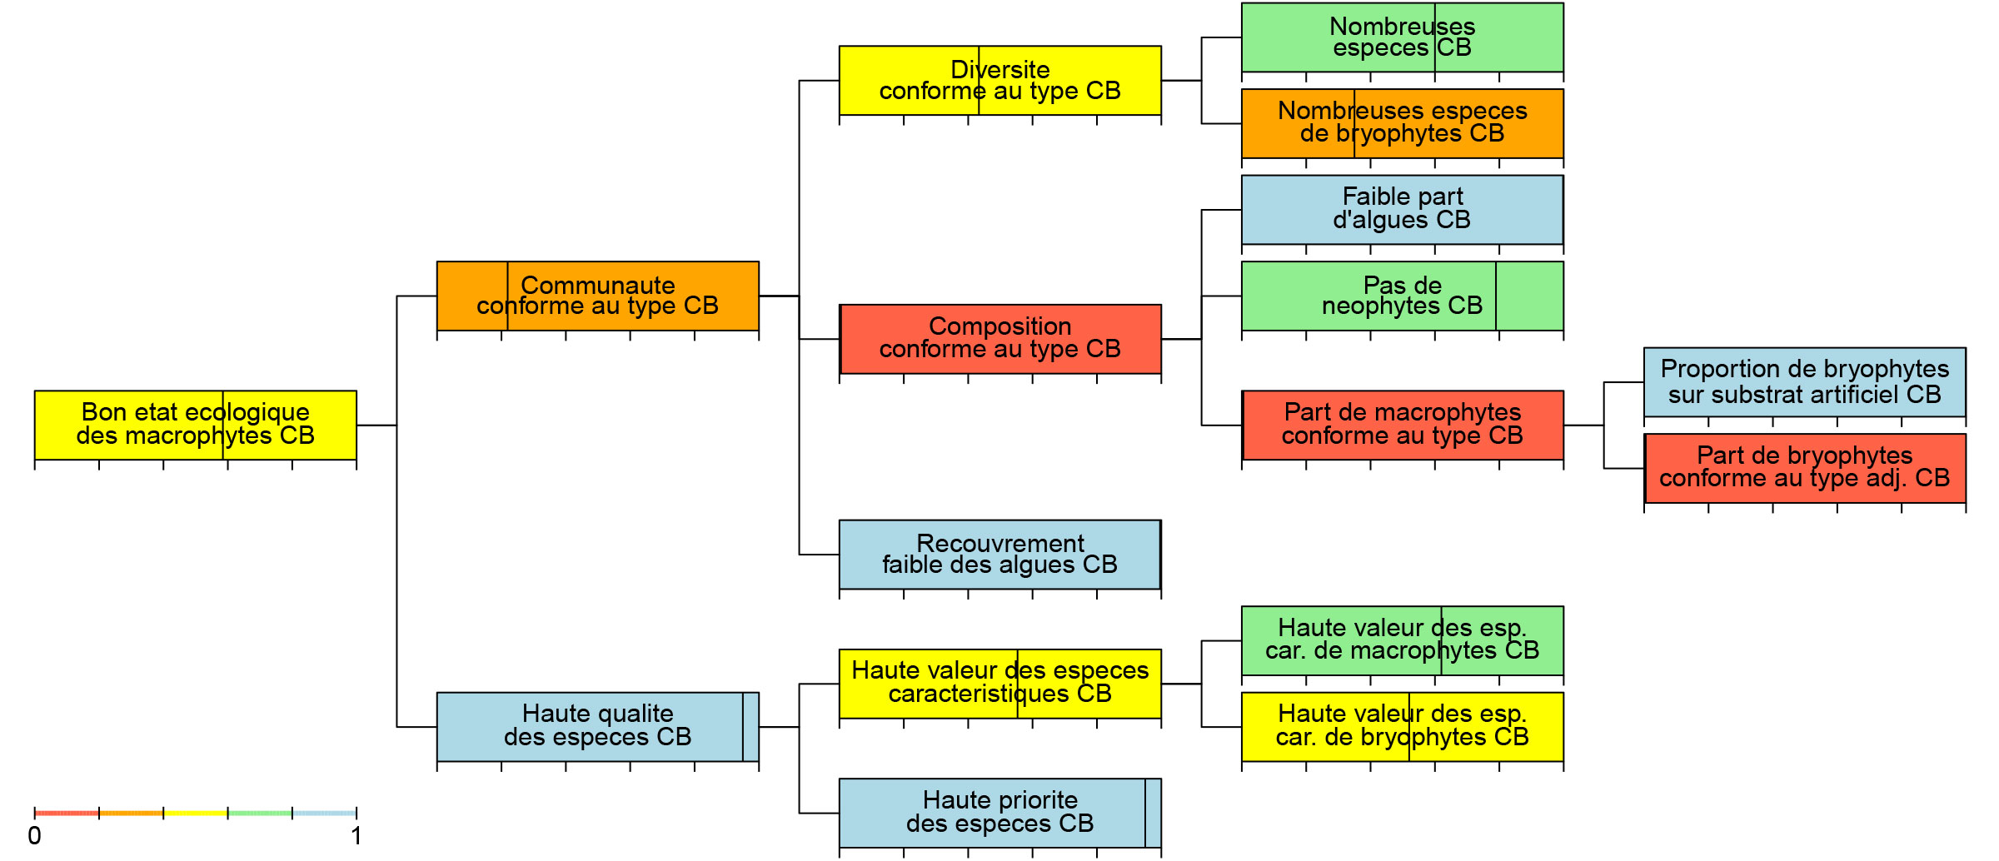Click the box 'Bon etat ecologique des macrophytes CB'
pos(196,425)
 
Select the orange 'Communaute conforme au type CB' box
pos(598,296)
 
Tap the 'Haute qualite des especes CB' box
pos(598,727)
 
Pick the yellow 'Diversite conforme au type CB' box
pos(1000,81)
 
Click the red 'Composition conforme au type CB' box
pos(1000,339)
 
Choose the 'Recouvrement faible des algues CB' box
pos(1000,555)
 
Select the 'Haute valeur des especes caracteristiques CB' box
pos(1000,684)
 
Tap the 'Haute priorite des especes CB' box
pos(1000,813)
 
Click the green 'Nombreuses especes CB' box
pos(1403,37)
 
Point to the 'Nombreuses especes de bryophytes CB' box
pos(1403,123)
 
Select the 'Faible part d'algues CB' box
pos(1403,210)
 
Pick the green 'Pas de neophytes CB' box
pos(1403,296)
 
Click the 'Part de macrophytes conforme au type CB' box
pos(1403,425)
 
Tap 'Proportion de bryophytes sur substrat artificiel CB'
pos(1805,382)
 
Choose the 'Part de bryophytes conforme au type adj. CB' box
pos(1805,468)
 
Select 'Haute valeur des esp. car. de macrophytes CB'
pos(1403,640)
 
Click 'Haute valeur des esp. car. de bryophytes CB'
pos(1403,727)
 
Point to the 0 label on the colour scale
pos(34,836)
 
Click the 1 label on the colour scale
pos(356,836)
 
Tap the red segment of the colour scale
pos(67,813)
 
